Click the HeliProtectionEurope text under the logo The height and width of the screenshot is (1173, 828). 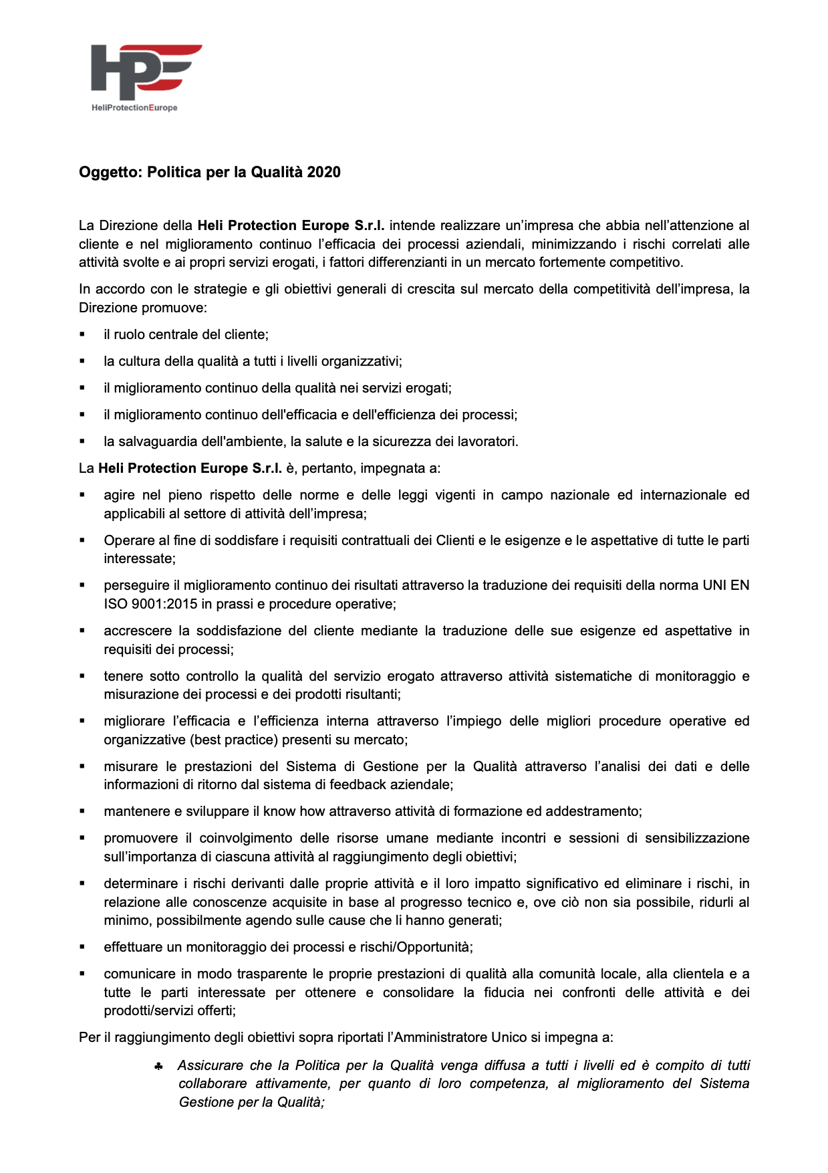[134, 108]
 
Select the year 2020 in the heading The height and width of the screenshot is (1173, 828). [323, 173]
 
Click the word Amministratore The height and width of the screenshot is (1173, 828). [440, 1037]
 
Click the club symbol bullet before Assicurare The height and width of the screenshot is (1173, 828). [158, 1066]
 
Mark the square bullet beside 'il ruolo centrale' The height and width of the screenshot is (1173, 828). [82, 334]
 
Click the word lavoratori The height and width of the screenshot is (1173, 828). [487, 441]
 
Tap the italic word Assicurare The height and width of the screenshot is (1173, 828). [210, 1065]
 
